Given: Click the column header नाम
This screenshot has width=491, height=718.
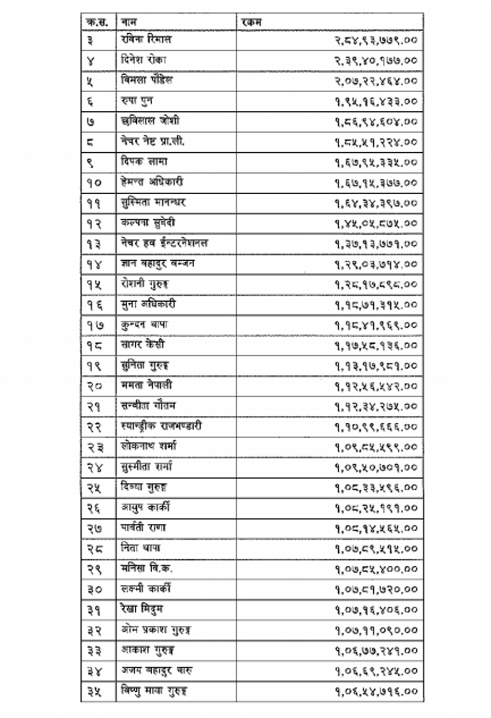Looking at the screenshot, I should (x=129, y=21).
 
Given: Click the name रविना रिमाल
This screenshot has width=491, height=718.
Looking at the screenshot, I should (x=147, y=40).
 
